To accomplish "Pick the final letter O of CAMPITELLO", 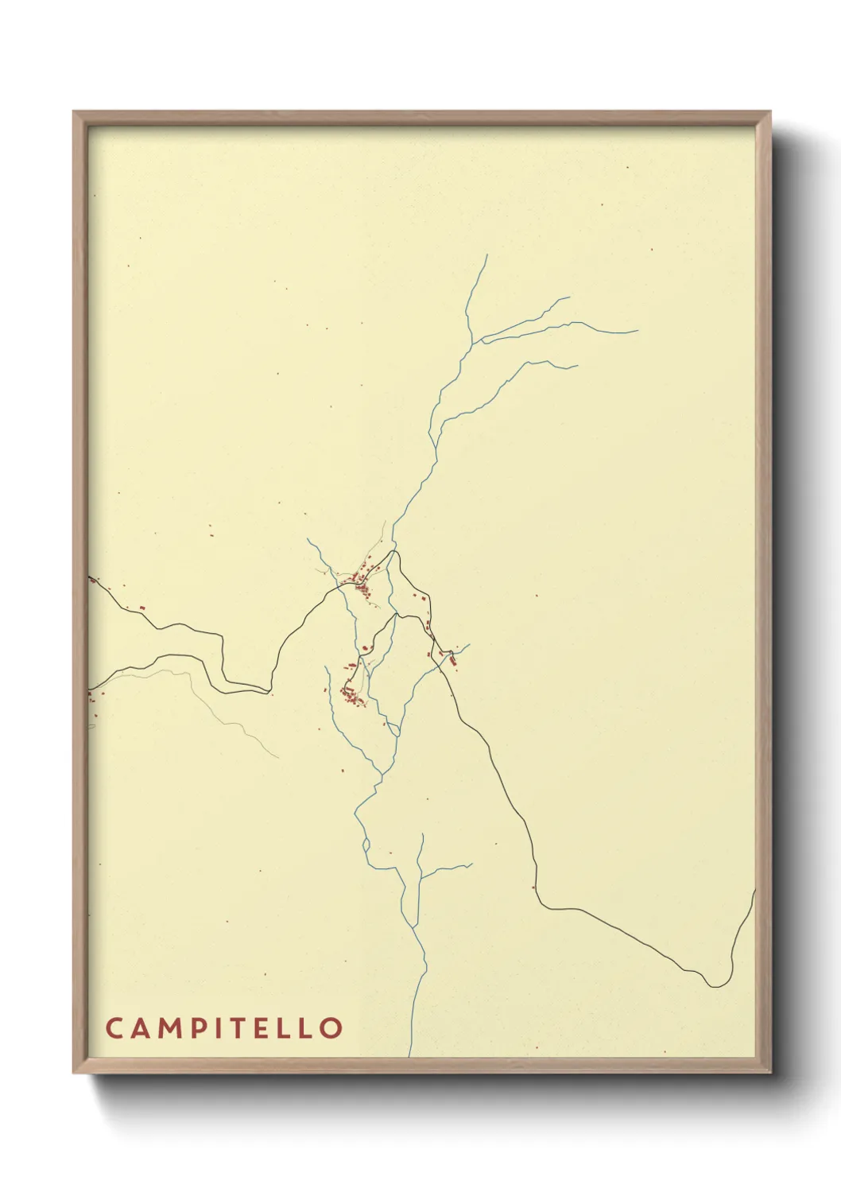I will [x=331, y=1027].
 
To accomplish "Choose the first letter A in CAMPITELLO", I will [x=140, y=1027].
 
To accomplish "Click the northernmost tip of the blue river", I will [x=486, y=255].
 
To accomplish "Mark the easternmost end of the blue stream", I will [x=638, y=331].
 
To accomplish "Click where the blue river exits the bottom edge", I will [x=409, y=1056].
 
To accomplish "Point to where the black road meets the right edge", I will [x=754, y=891].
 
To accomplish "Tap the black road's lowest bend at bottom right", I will [x=715, y=987].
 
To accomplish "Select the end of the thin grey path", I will [x=278, y=757].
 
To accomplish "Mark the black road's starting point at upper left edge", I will [x=89, y=577].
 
